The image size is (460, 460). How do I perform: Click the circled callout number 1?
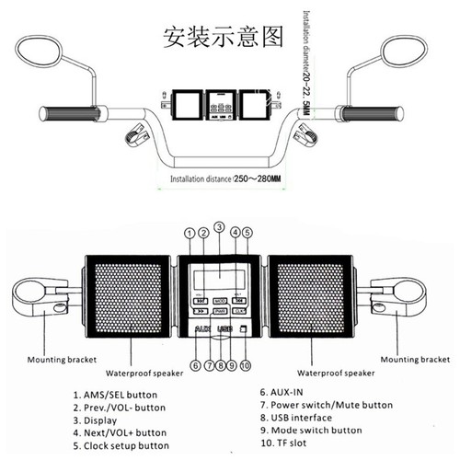(190, 235)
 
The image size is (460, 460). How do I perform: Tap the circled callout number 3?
(219, 226)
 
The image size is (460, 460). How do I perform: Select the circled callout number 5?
(247, 235)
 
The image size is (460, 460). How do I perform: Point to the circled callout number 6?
(196, 364)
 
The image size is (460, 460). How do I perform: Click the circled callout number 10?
(245, 364)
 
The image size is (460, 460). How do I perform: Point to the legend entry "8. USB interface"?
(293, 418)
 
